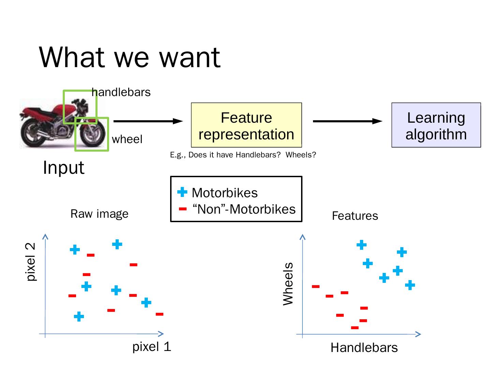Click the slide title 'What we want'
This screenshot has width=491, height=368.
pos(130,57)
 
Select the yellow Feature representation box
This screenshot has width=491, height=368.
pos(246,125)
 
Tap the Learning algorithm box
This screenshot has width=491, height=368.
pos(436,125)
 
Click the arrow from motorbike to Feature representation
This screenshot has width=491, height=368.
pos(148,121)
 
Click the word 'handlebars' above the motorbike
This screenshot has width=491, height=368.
pos(121,92)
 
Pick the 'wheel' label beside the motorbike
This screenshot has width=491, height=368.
pos(127,139)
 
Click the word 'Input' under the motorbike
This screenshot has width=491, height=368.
pos(64,168)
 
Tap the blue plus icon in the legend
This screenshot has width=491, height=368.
pos(182,192)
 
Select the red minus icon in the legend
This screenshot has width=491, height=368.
pos(183,209)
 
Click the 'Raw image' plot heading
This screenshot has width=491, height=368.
pos(99,214)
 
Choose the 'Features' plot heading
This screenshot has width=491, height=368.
pos(355,216)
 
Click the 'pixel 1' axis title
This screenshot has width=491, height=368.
pos(151,347)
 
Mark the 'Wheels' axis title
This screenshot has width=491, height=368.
pos(288,283)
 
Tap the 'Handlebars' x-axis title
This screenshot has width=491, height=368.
pos(364,348)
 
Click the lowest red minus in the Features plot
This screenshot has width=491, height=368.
pos(355,328)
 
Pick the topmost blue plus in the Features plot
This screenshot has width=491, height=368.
pos(361,245)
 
